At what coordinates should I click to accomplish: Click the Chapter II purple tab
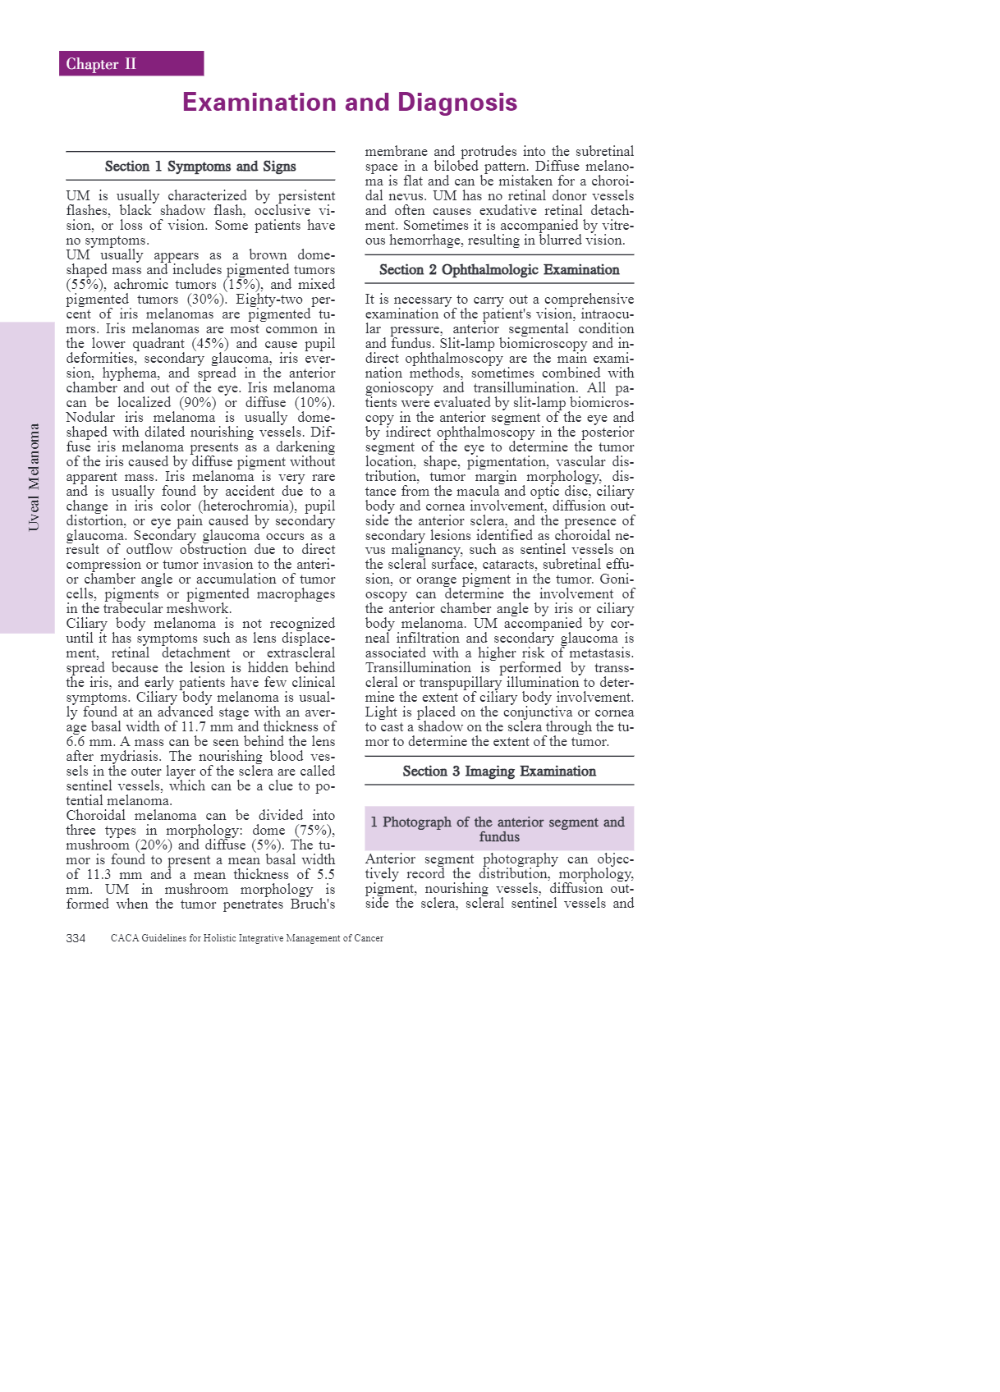click(x=131, y=64)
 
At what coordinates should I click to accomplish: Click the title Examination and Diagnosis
click(x=350, y=103)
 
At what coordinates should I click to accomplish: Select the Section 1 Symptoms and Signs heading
click(x=200, y=167)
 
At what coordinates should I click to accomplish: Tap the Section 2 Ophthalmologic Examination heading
click(x=499, y=270)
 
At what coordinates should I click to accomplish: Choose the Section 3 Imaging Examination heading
click(x=499, y=772)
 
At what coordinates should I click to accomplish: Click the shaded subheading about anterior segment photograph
click(x=499, y=829)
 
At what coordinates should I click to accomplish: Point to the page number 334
click(x=76, y=938)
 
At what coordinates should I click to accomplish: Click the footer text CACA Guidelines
click(x=246, y=938)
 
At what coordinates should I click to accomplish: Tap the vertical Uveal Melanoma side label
click(x=34, y=477)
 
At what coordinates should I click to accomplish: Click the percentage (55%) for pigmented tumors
click(x=85, y=285)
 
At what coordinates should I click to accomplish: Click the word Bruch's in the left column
click(x=313, y=904)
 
